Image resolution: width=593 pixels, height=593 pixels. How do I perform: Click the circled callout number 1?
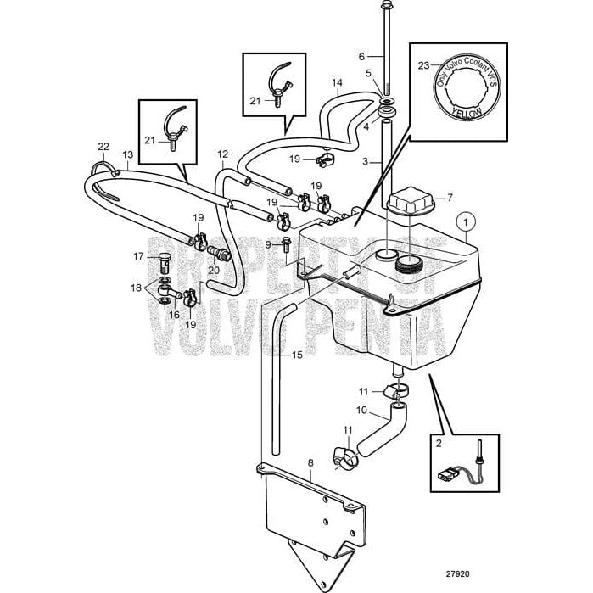[x=465, y=221]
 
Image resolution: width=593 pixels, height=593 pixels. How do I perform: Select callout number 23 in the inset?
[x=424, y=64]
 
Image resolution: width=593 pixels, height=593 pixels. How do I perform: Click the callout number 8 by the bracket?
[x=310, y=463]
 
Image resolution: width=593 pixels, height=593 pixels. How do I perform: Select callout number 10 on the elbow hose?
[x=361, y=410]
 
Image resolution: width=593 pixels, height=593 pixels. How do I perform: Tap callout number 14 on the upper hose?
[x=337, y=83]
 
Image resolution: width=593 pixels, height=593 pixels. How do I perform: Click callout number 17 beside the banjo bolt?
[x=139, y=255]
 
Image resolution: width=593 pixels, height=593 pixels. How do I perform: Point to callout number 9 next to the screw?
[x=267, y=244]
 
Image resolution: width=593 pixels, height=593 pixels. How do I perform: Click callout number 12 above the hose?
[x=223, y=154]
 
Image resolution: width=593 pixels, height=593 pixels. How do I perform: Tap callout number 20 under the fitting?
[x=213, y=270]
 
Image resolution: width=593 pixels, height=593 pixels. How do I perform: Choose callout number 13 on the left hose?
[x=128, y=155]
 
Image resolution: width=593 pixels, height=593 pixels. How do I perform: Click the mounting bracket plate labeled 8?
[x=314, y=513]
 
